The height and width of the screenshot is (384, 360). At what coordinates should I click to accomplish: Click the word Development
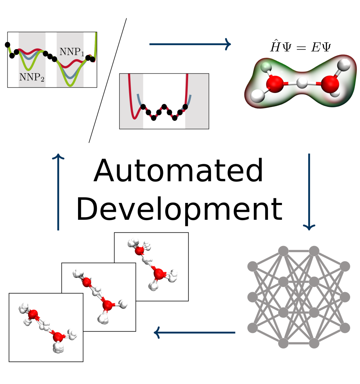pyautogui.click(x=179, y=209)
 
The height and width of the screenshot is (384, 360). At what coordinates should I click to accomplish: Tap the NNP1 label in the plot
pyautogui.click(x=72, y=52)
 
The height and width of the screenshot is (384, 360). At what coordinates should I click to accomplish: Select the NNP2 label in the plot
pyautogui.click(x=32, y=77)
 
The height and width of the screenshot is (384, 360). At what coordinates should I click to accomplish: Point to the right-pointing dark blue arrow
pyautogui.click(x=190, y=44)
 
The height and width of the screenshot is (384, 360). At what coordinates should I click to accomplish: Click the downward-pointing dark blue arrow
pyautogui.click(x=309, y=192)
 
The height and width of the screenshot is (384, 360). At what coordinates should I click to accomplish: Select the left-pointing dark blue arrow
pyautogui.click(x=194, y=333)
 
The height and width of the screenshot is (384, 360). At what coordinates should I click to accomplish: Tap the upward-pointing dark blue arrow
pyautogui.click(x=58, y=192)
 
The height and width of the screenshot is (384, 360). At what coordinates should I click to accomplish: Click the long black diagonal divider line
pyautogui.click(x=108, y=80)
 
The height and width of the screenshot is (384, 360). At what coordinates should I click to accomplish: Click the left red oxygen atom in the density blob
pyautogui.click(x=275, y=84)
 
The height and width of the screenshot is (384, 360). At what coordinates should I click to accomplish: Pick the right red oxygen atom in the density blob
pyautogui.click(x=330, y=84)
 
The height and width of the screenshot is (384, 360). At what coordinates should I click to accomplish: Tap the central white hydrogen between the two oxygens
pyautogui.click(x=302, y=83)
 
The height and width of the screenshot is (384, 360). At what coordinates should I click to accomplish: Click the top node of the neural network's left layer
pyautogui.click(x=253, y=267)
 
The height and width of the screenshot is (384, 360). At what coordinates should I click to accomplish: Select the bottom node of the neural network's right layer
pyautogui.click(x=345, y=328)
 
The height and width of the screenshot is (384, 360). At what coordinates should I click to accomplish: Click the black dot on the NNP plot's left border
pyautogui.click(x=8, y=45)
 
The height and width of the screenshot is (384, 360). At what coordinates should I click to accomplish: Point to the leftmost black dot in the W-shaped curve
pyautogui.click(x=143, y=107)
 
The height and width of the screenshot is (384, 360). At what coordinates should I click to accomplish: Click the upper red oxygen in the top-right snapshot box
pyautogui.click(x=140, y=251)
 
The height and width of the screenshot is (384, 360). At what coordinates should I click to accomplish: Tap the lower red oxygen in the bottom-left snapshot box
pyautogui.click(x=58, y=337)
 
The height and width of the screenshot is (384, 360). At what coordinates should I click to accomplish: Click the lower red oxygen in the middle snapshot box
pyautogui.click(x=107, y=305)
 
